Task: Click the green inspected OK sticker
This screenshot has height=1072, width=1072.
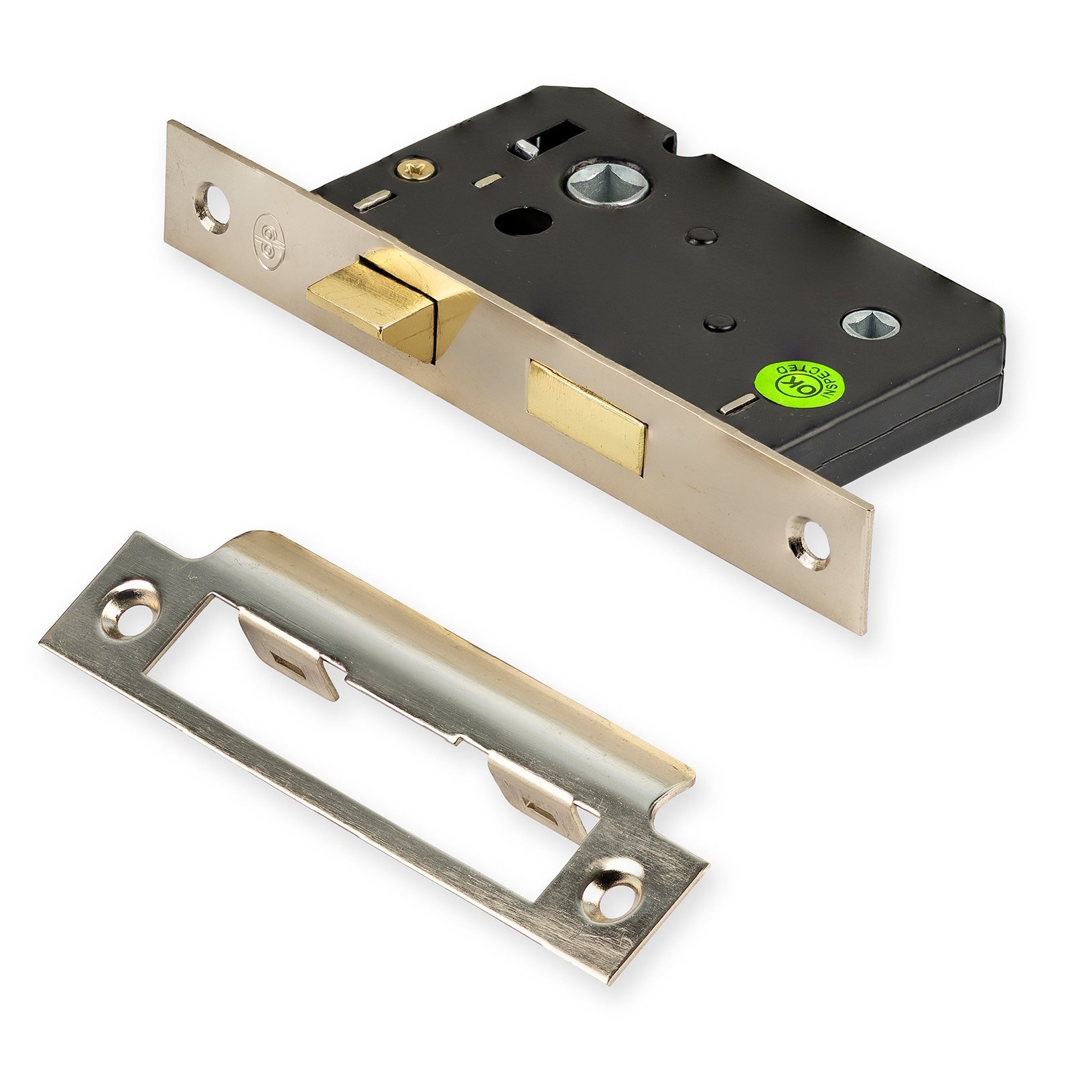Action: tap(797, 384)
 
